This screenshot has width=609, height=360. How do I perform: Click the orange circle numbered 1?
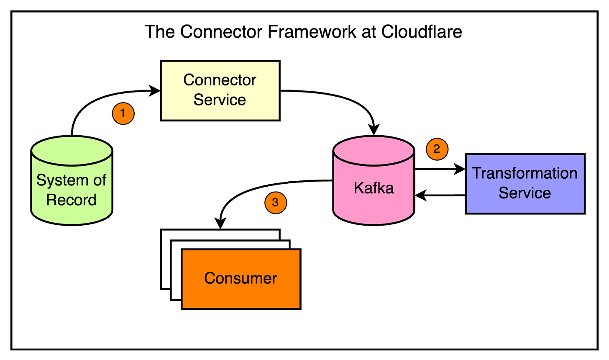(123, 113)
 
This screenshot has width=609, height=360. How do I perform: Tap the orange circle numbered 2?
(437, 149)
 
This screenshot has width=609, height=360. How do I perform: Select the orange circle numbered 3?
(275, 203)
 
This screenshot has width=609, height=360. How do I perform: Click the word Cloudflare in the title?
(421, 32)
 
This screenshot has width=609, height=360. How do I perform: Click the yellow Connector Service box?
(220, 90)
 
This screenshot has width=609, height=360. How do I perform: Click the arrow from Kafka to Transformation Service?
(439, 170)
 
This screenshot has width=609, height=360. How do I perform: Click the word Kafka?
(374, 188)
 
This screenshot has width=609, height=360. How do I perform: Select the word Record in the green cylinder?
(71, 200)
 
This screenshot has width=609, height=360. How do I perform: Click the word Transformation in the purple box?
(525, 173)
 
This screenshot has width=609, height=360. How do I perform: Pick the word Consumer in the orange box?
(241, 278)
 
